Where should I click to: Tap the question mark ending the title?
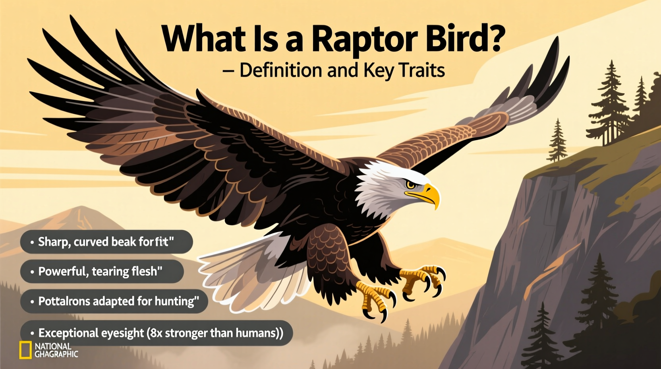495,38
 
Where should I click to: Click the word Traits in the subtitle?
421,70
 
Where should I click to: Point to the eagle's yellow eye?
410,184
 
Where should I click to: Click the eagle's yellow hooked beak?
431,195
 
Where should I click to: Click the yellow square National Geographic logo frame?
25,350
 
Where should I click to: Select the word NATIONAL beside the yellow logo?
53,346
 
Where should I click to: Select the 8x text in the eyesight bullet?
156,333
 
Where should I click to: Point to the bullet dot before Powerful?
32,272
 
